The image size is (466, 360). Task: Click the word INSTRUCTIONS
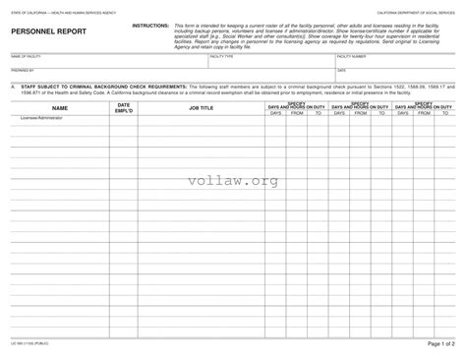tap(150, 22)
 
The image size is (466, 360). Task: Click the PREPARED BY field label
tap(22, 72)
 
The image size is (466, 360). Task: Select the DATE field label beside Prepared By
tap(341, 72)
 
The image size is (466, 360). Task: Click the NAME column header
tap(59, 107)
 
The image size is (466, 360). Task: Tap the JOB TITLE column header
tap(201, 107)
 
